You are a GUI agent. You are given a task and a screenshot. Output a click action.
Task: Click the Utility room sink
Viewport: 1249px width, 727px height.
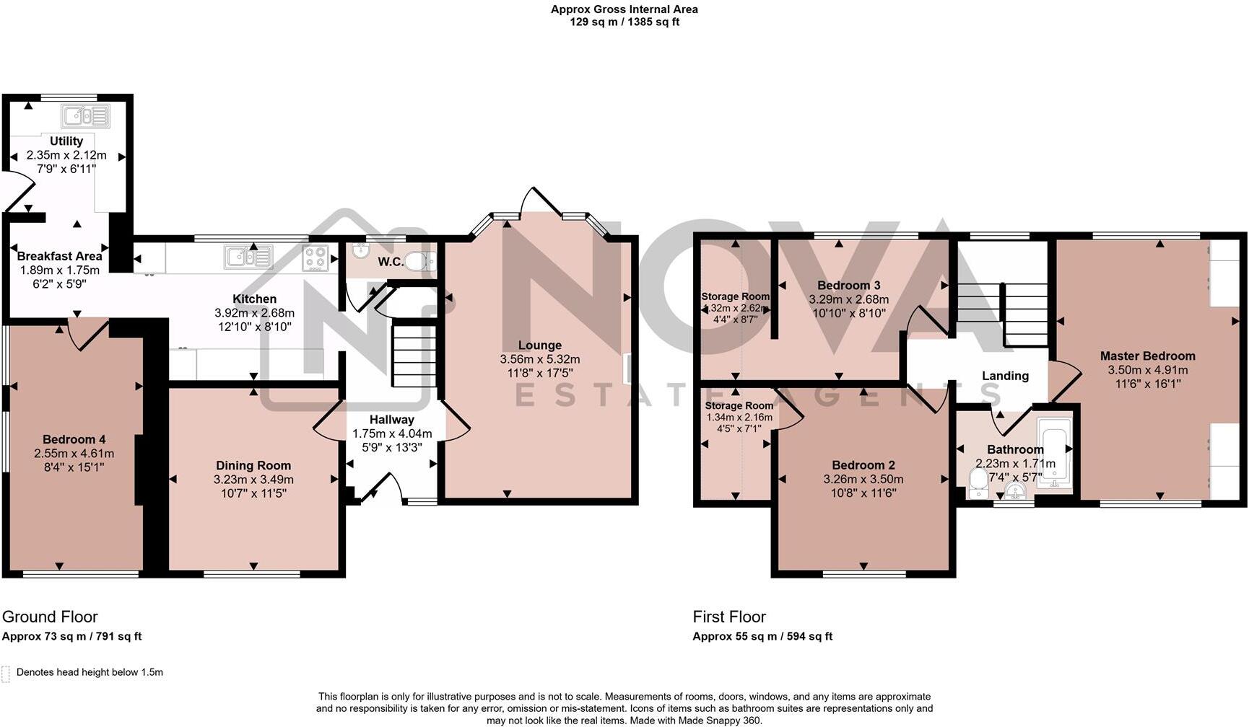86,116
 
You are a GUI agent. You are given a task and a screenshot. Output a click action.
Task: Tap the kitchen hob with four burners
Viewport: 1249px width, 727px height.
315,258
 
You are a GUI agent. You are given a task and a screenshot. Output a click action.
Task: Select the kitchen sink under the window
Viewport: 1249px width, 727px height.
248,257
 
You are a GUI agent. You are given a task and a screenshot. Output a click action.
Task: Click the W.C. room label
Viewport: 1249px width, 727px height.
391,262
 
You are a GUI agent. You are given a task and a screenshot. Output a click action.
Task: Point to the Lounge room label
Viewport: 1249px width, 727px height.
539,345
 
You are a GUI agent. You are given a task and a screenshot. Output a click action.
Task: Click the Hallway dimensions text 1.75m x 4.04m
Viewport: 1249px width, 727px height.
392,433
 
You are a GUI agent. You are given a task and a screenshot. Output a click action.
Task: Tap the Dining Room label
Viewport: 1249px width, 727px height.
253,466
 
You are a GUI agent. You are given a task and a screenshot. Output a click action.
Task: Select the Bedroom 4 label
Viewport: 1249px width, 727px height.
74,439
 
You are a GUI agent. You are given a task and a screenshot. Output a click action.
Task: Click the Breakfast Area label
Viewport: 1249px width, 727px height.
59,256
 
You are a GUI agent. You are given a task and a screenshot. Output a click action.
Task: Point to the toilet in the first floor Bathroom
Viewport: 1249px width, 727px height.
978,484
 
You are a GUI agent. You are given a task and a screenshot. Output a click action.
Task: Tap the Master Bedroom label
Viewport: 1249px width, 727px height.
1147,356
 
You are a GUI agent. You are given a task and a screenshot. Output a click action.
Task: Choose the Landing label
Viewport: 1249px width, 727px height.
1005,376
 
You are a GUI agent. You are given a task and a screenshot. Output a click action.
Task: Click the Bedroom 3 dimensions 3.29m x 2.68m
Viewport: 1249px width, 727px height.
848,299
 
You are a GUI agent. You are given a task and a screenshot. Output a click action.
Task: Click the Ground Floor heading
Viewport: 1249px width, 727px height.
50,617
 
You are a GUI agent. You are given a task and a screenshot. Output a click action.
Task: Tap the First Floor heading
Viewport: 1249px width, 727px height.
729,617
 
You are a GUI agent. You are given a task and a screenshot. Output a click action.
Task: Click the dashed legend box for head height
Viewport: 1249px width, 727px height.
6,674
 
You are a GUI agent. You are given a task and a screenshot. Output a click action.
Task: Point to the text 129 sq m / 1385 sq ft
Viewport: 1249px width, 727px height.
624,22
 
